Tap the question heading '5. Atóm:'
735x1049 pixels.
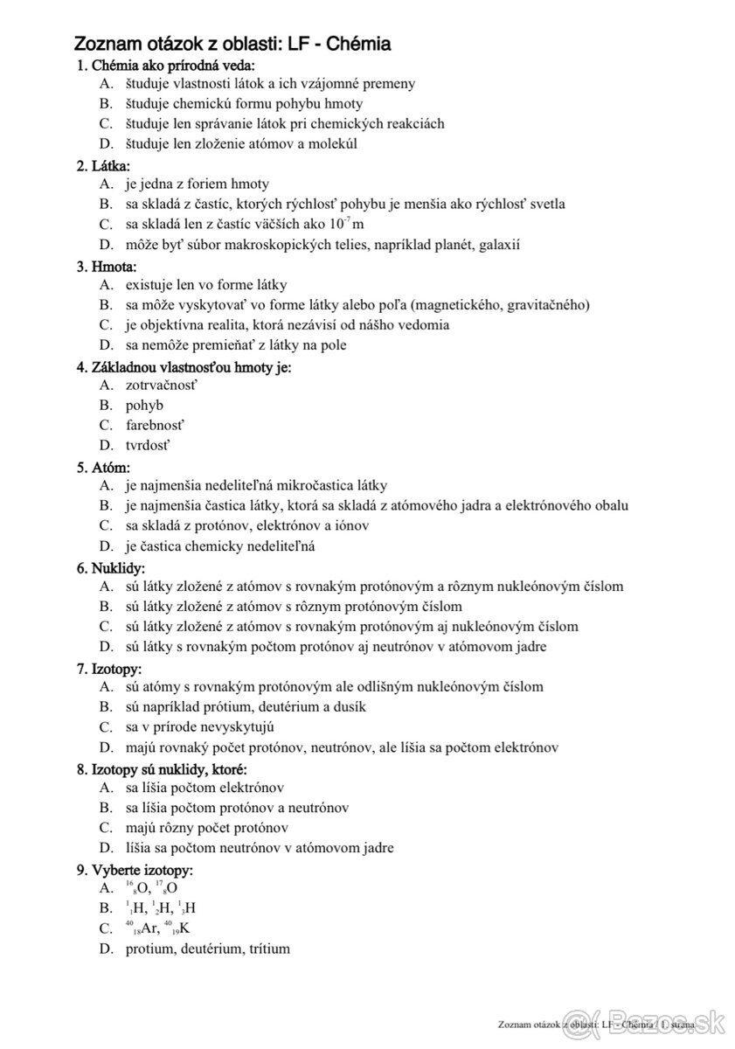point(104,467)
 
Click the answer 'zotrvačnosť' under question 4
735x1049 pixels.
point(162,385)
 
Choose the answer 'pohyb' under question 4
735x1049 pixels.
point(144,405)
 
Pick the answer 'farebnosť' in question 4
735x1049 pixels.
point(155,425)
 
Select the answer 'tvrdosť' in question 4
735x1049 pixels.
point(148,445)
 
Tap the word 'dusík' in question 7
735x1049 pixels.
point(345,706)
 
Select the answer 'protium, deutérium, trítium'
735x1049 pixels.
point(207,948)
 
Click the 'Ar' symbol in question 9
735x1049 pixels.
point(150,928)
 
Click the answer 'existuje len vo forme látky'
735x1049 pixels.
point(206,284)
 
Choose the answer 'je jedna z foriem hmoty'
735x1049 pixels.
point(198,184)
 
